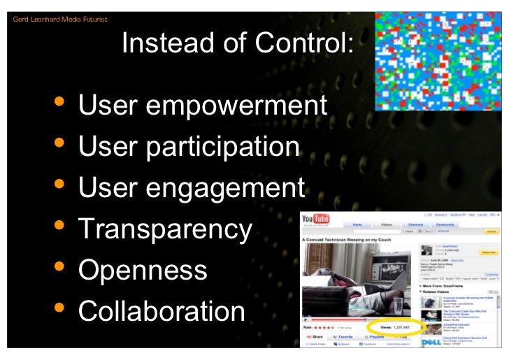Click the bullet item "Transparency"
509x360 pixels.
tap(165, 229)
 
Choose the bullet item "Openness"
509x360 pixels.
tap(143, 270)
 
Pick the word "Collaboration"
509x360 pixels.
tap(162, 311)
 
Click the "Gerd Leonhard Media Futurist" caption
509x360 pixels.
tap(60, 19)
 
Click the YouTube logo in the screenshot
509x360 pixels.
tap(315, 221)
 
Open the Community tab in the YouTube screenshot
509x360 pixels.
tap(445, 225)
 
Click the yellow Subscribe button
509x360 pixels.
tap(487, 252)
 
